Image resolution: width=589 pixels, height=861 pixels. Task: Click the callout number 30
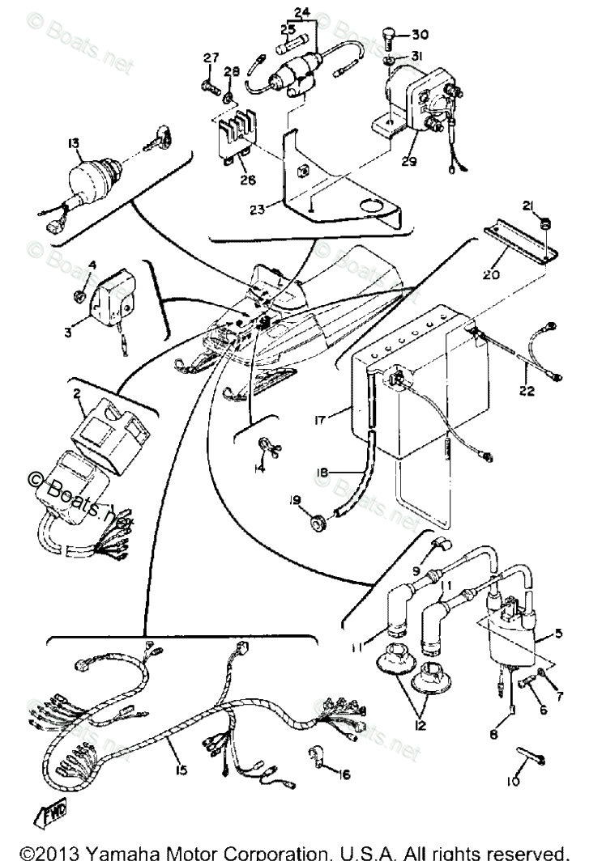tap(420, 35)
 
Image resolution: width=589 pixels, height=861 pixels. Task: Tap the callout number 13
tap(74, 143)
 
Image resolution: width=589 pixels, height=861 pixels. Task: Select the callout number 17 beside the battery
tap(321, 419)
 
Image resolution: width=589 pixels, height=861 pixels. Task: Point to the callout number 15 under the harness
tap(181, 770)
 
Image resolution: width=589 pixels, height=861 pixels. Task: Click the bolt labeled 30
tap(388, 37)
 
